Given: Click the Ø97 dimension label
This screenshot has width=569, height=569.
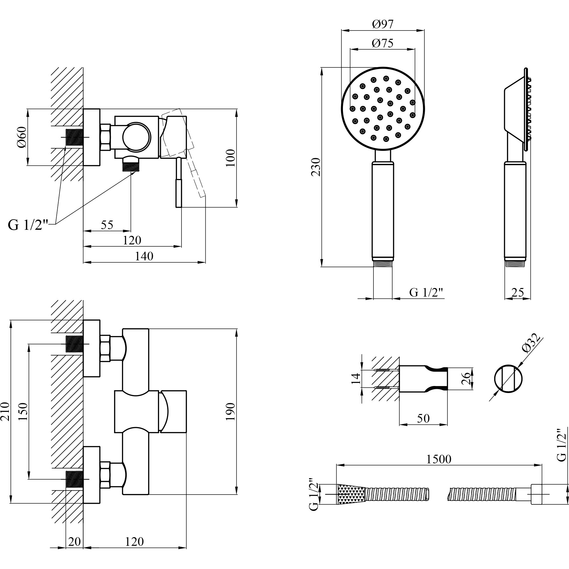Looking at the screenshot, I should [x=382, y=24].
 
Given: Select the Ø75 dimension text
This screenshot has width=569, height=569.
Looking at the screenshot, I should [x=382, y=43].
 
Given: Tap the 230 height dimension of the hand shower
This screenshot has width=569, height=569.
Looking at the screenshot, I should [x=316, y=167].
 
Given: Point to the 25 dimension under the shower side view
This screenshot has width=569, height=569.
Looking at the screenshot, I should [x=517, y=292].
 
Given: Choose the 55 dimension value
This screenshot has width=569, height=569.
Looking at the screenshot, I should [x=107, y=225].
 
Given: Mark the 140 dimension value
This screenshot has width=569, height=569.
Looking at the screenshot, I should [x=144, y=256].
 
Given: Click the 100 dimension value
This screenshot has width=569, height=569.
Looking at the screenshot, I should [x=230, y=158].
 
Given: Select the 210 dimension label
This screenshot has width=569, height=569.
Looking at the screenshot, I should [x=5, y=411].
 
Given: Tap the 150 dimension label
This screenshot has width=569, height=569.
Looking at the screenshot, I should [x=23, y=411].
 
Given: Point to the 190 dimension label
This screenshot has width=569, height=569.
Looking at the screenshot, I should [x=230, y=411].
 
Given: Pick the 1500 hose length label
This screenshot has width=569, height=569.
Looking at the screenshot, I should [x=439, y=459].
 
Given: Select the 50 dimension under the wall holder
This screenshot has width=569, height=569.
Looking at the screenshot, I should [x=423, y=418].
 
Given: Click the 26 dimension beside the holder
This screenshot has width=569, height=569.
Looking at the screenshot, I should [x=466, y=378].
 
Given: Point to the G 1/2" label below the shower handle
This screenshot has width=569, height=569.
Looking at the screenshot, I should [x=426, y=292].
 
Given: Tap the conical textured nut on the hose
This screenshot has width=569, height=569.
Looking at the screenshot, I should [x=350, y=494].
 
